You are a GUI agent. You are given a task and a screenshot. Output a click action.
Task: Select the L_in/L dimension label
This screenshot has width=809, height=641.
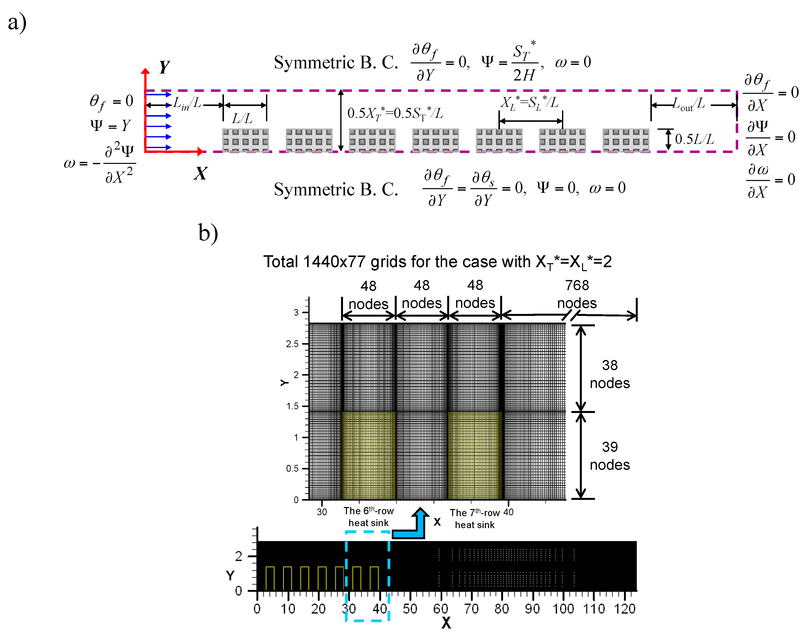(x=187, y=103)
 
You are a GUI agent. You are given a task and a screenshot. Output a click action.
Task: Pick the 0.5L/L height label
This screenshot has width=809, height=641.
(x=694, y=139)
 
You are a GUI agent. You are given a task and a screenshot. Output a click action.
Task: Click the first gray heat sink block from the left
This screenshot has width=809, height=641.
(x=245, y=140)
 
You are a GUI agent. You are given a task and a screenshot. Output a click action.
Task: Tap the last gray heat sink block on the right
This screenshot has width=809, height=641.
(x=626, y=140)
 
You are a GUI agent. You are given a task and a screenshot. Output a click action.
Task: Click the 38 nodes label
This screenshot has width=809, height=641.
(x=610, y=374)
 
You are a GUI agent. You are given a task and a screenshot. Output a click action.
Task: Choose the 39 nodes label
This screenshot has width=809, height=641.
(x=610, y=456)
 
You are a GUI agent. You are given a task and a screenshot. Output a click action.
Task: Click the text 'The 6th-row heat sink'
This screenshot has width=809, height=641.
(x=368, y=517)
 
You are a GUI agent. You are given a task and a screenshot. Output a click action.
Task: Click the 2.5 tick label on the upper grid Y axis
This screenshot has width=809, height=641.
(x=292, y=344)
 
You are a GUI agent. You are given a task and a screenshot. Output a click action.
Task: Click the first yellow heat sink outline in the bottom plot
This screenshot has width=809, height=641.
(x=270, y=578)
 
